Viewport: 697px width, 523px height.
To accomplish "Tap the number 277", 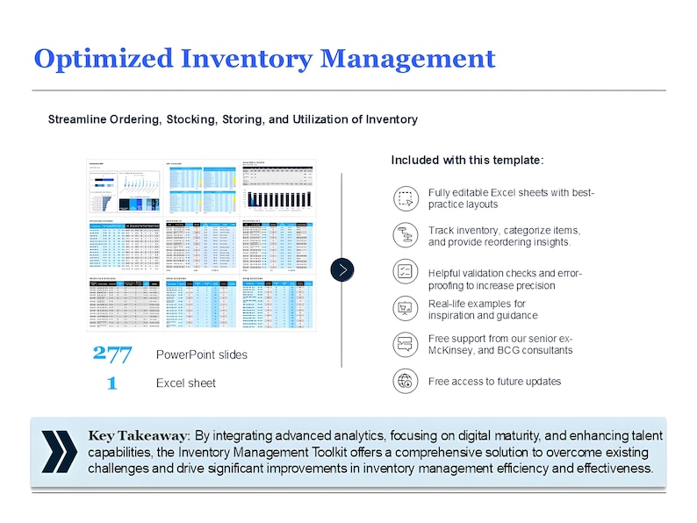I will [111, 355].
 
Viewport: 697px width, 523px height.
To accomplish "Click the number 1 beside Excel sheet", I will [111, 383].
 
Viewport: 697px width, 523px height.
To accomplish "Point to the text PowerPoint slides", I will [201, 355].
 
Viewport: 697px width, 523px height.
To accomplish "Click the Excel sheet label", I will [185, 383].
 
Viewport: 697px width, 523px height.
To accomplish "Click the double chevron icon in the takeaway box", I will [59, 452].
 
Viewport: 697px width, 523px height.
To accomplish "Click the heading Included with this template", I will [467, 161].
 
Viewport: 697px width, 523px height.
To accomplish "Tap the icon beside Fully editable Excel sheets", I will [405, 198].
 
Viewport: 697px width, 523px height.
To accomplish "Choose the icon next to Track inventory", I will [405, 235].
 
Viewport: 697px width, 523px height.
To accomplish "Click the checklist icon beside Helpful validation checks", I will [405, 271].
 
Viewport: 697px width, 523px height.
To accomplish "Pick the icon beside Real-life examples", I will [405, 308].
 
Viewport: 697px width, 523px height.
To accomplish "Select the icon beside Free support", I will [405, 344].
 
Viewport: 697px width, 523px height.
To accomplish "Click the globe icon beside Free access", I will [405, 381].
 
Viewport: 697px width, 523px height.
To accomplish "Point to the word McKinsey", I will [456, 351].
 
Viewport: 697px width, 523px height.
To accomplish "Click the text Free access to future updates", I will [494, 382].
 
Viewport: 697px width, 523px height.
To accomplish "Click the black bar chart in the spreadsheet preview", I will [279, 197].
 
